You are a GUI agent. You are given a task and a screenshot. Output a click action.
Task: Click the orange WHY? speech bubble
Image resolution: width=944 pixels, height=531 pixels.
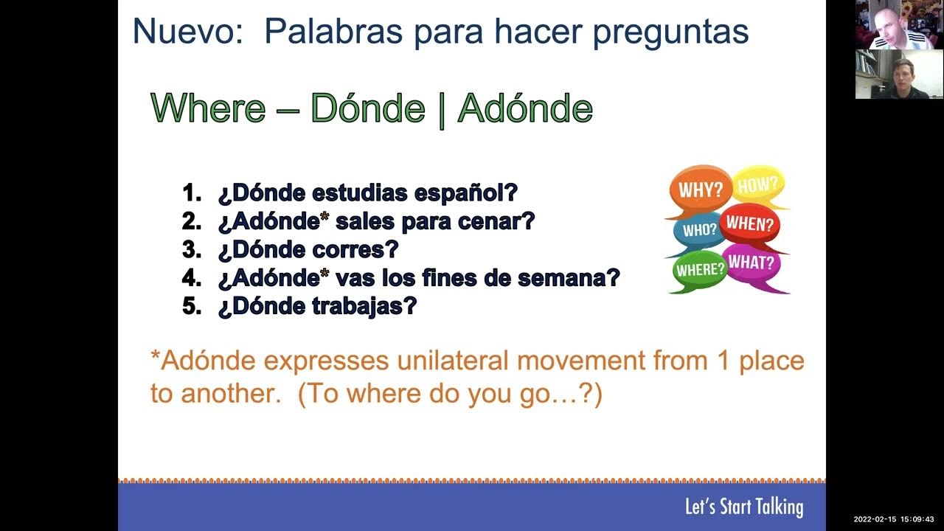pyautogui.click(x=699, y=190)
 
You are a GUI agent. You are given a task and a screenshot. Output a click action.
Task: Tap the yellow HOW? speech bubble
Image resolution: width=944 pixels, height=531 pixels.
pyautogui.click(x=758, y=185)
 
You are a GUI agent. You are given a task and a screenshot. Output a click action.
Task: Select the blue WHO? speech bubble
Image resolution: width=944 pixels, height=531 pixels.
pyautogui.click(x=698, y=230)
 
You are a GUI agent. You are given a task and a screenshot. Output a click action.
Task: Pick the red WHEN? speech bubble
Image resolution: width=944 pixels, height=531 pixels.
pyautogui.click(x=750, y=224)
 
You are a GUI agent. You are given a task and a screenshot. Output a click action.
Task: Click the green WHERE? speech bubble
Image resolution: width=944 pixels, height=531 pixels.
pyautogui.click(x=700, y=270)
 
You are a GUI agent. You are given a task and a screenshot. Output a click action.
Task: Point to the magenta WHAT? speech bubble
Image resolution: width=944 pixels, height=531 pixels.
pyautogui.click(x=752, y=263)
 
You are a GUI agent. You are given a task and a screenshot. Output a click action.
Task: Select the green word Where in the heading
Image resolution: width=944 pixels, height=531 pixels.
pyautogui.click(x=208, y=108)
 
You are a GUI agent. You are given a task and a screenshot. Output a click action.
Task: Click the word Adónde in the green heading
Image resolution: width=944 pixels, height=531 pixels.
pyautogui.click(x=525, y=108)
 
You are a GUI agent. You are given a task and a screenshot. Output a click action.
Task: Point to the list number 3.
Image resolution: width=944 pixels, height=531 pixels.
pyautogui.click(x=191, y=249)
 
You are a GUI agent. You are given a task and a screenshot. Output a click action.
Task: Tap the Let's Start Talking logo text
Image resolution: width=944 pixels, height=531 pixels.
pyautogui.click(x=743, y=507)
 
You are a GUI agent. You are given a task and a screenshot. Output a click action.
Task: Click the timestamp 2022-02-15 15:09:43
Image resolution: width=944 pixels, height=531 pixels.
pyautogui.click(x=893, y=519)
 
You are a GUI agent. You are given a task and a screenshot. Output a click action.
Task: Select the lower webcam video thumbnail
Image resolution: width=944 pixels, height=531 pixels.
pyautogui.click(x=899, y=74)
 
